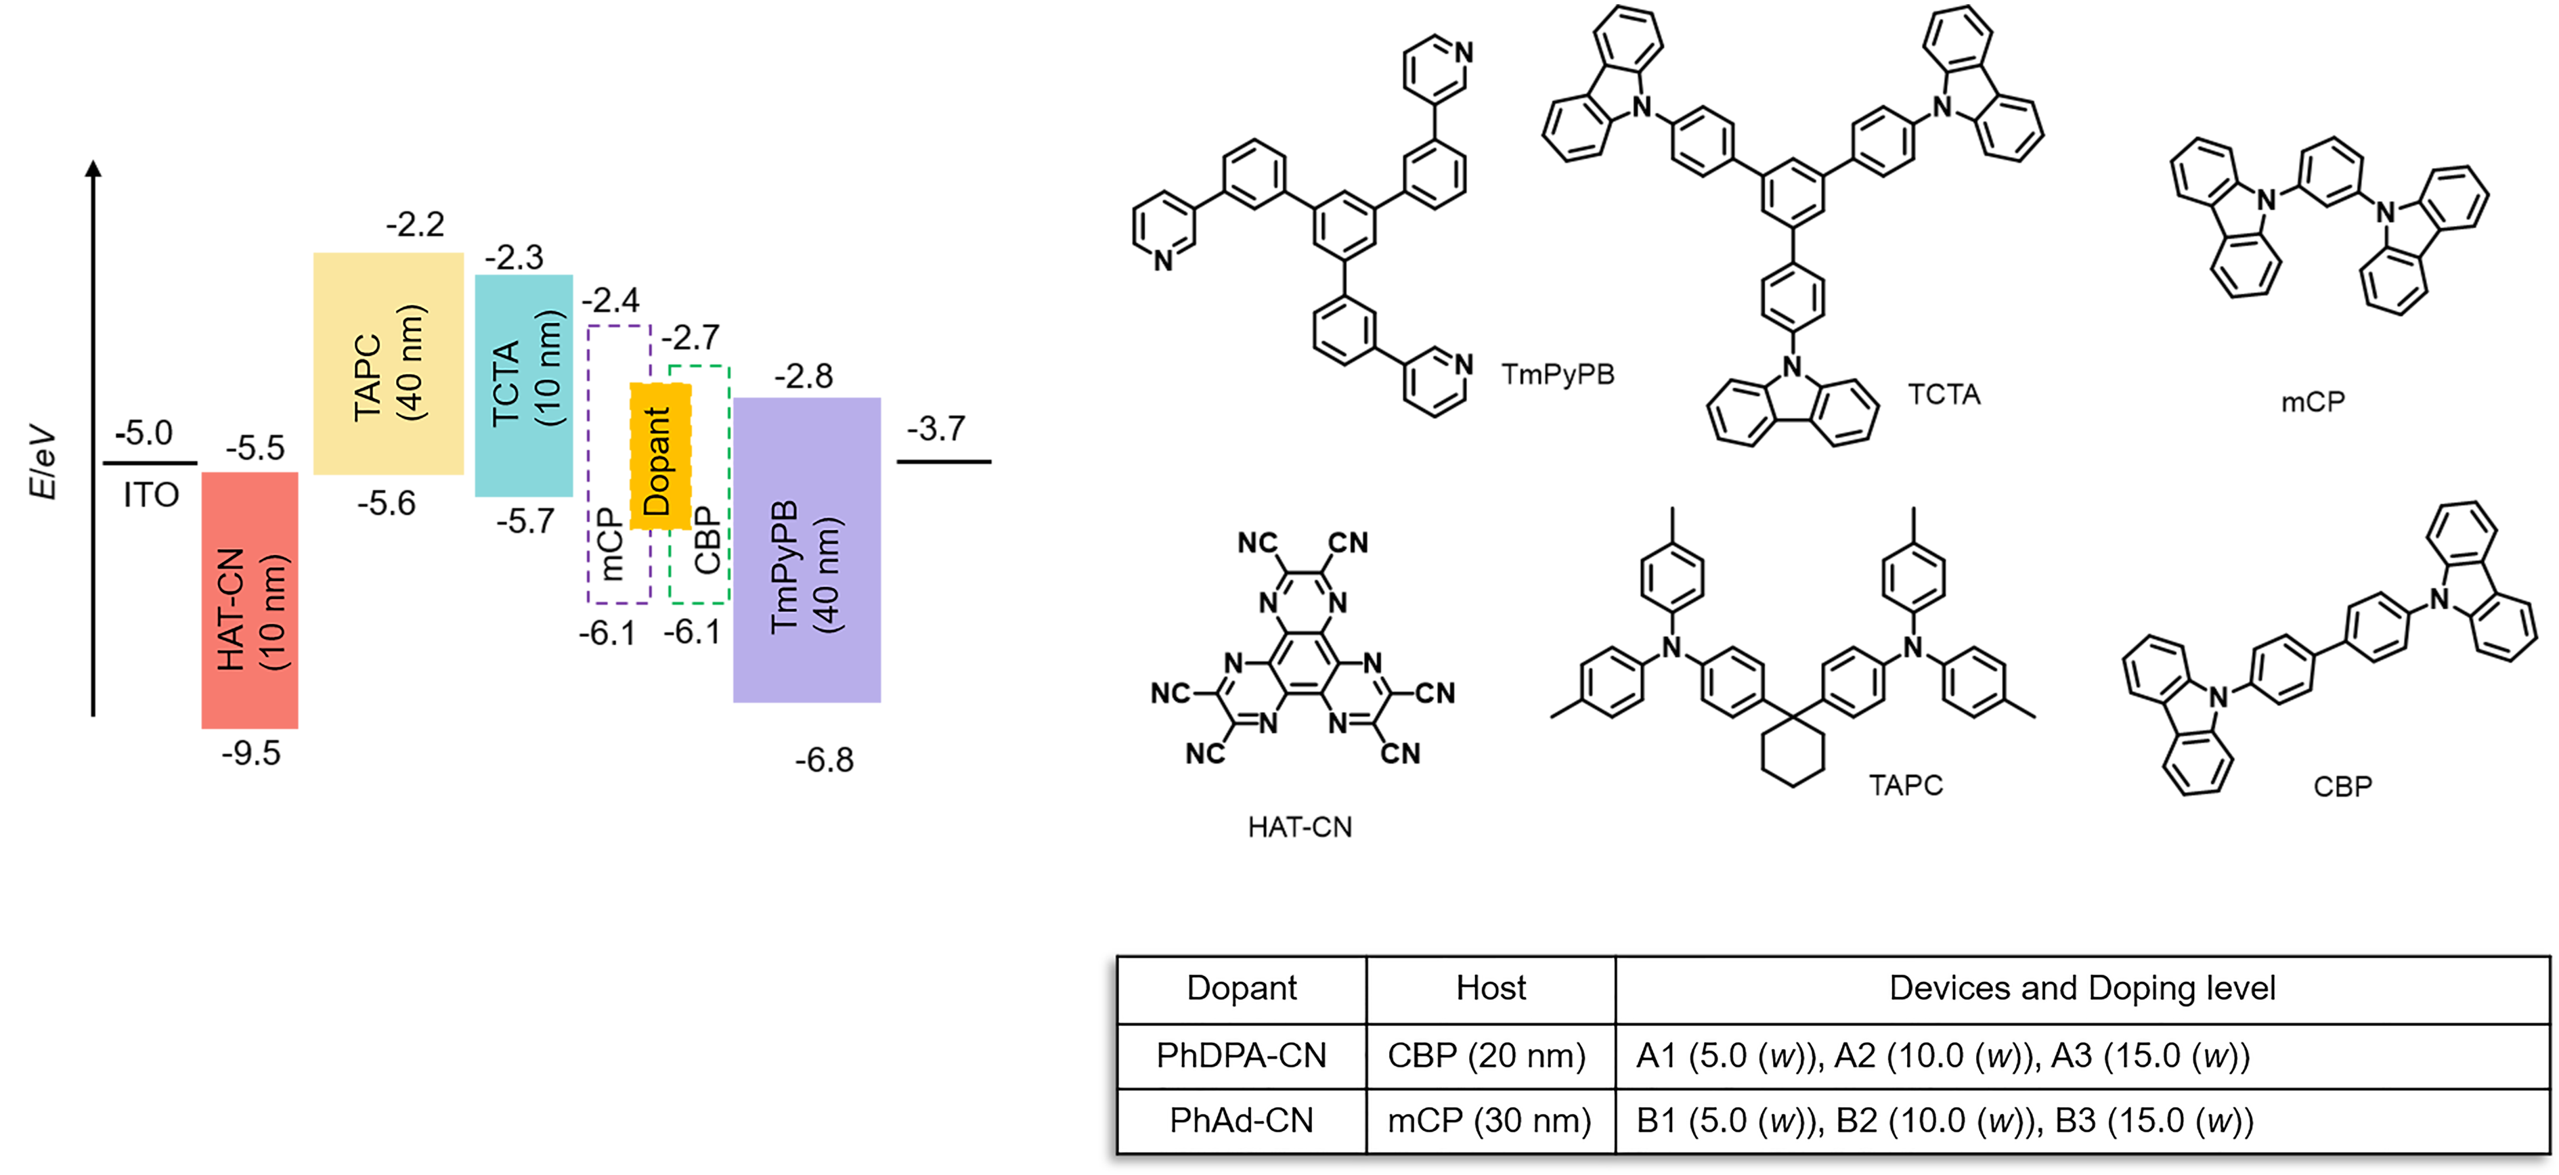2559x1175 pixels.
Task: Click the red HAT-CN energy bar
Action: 249,600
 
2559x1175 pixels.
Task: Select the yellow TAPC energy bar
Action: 389,363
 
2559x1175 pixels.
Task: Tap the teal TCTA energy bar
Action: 523,385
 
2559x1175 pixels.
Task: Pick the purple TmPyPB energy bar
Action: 807,550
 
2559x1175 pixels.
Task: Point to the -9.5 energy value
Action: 250,754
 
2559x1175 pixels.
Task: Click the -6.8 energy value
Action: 823,761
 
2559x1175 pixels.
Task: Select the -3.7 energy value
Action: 936,429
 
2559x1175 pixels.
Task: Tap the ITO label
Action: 151,495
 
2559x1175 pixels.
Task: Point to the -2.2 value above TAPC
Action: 415,225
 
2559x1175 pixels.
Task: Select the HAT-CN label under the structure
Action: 1299,827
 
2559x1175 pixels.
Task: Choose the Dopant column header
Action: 1242,988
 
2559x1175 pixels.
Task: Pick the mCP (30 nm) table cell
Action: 1489,1120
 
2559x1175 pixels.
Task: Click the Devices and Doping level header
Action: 2082,988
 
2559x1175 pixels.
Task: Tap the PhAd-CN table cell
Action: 1242,1120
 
